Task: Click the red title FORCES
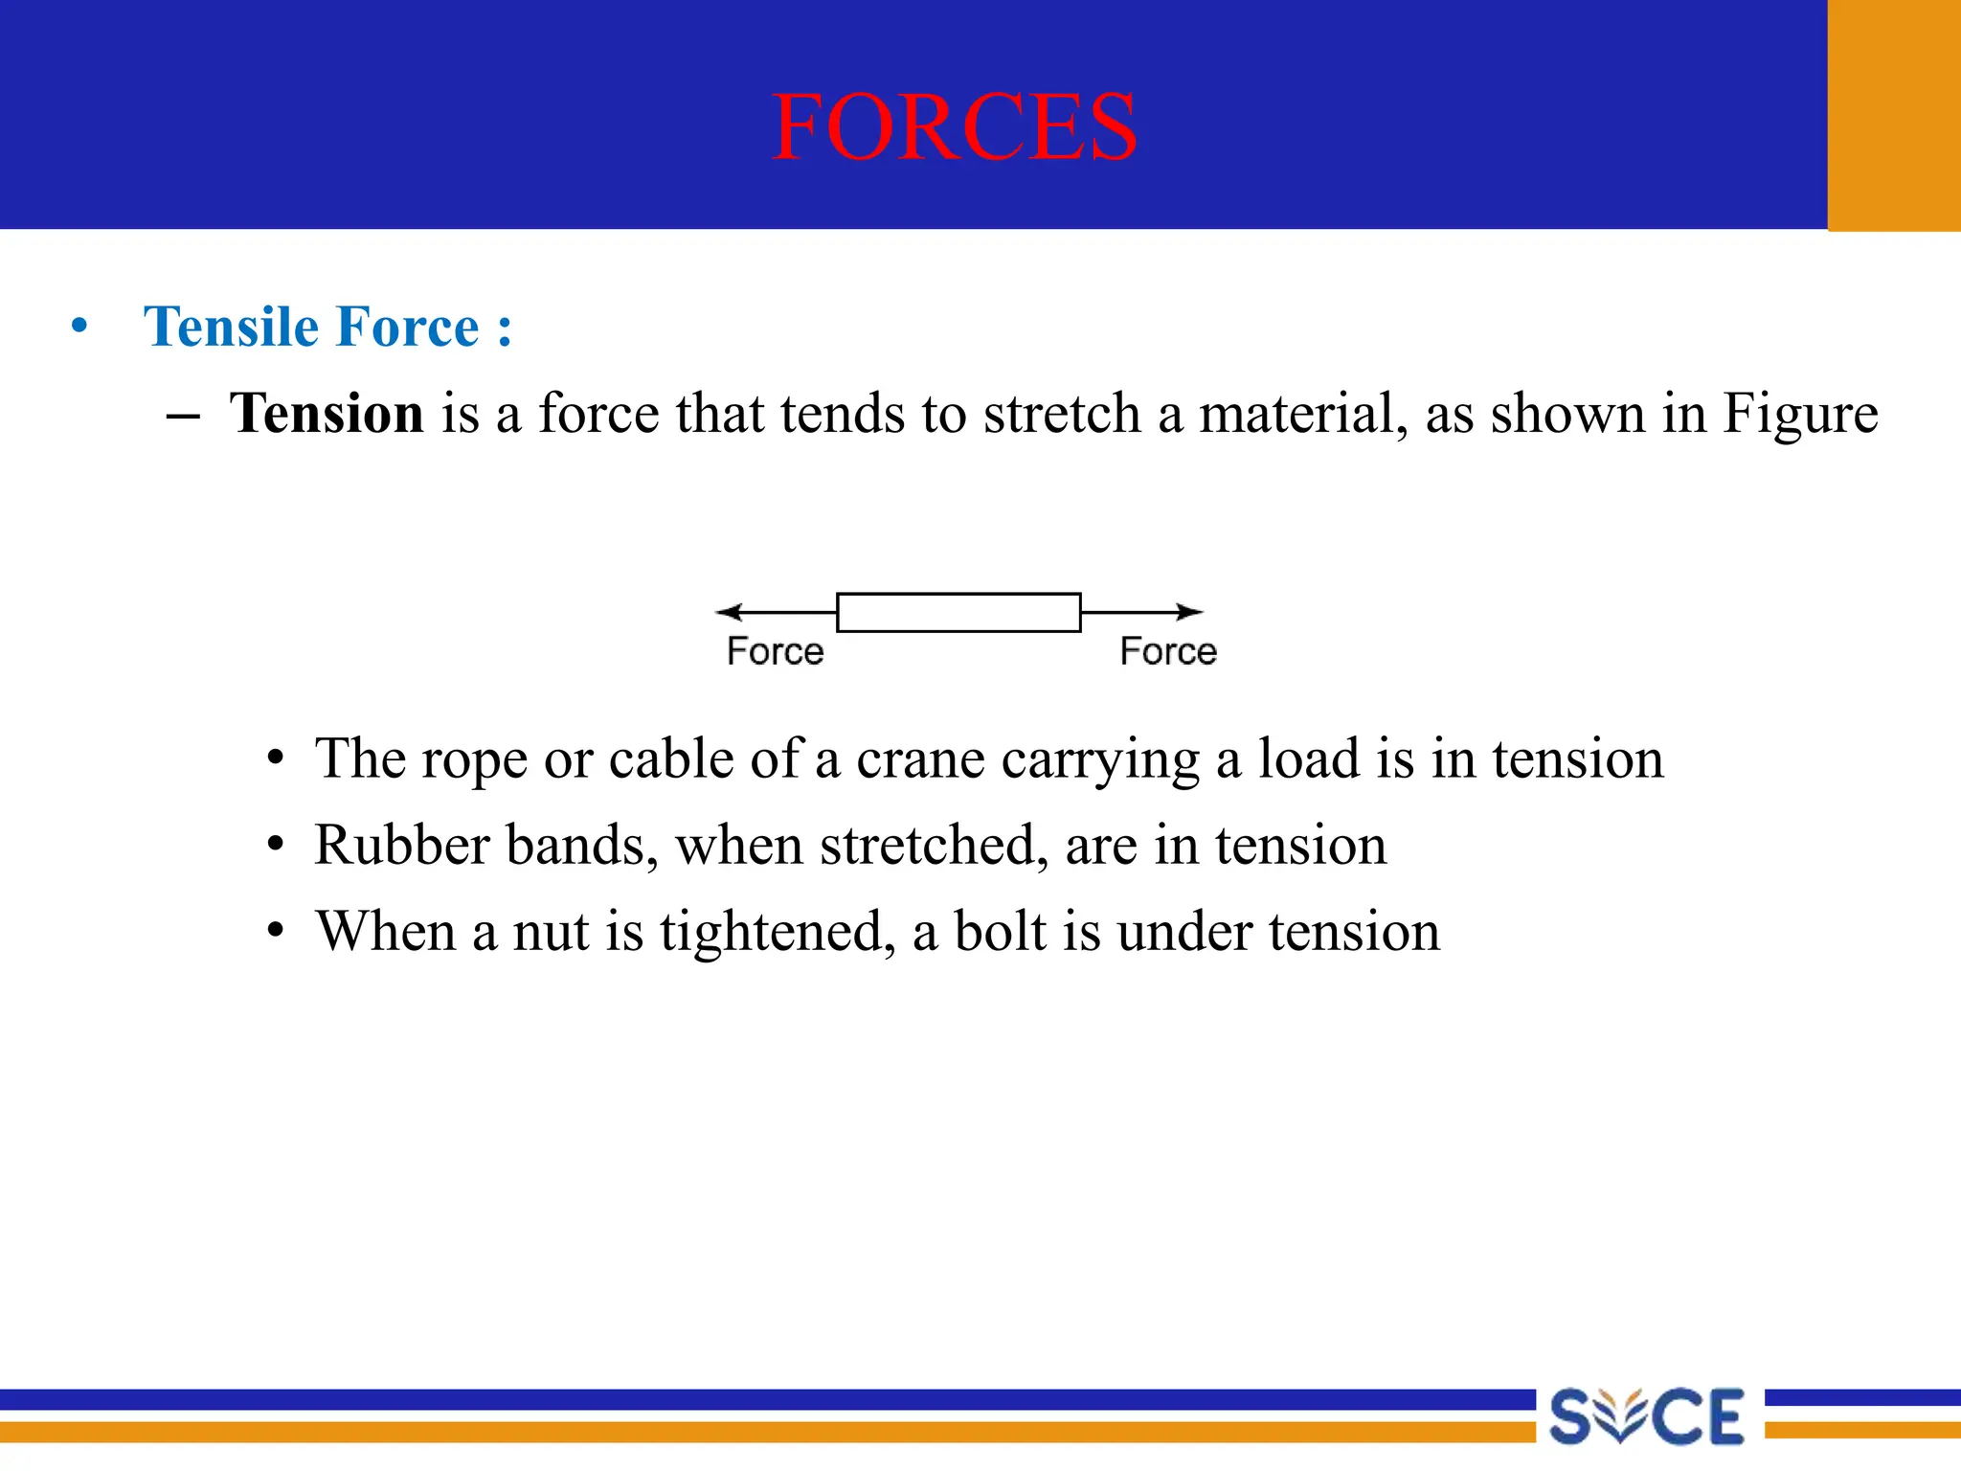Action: [954, 127]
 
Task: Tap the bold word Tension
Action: [327, 414]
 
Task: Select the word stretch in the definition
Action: [1063, 414]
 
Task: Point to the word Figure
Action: [1799, 416]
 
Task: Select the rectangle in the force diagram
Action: [958, 613]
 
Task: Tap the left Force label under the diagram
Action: [775, 651]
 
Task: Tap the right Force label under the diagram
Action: [1168, 651]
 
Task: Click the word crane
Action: [920, 759]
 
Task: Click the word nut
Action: [550, 932]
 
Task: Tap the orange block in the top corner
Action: [1893, 115]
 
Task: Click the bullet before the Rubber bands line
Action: [276, 846]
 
